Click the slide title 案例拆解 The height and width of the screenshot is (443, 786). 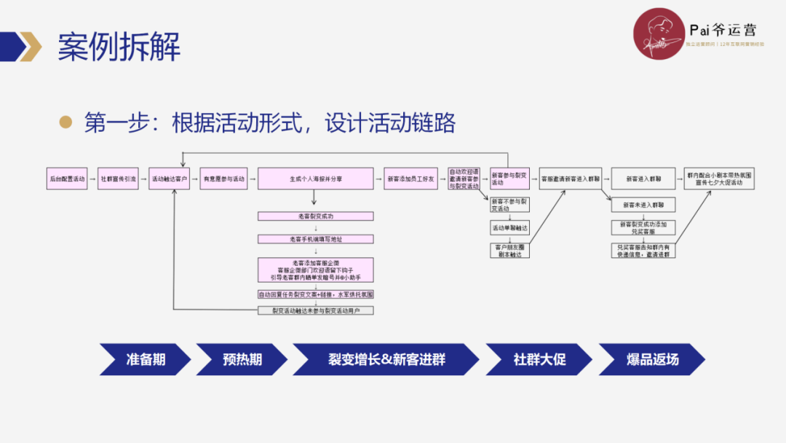tap(119, 47)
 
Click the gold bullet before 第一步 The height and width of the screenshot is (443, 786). tap(65, 122)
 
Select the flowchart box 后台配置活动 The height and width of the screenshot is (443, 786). tap(67, 179)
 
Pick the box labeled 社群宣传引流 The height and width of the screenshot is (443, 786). tap(118, 179)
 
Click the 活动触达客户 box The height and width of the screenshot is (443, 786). tap(170, 179)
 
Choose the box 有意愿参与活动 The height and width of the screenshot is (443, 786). tap(224, 179)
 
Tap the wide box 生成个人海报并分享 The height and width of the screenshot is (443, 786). tap(315, 179)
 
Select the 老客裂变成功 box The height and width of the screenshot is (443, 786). tap(315, 216)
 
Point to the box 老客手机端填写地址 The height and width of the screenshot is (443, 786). tap(315, 239)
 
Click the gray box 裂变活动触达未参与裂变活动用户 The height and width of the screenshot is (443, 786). tap(315, 310)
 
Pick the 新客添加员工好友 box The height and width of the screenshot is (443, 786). tap(413, 179)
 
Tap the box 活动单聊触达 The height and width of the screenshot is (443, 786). tap(509, 228)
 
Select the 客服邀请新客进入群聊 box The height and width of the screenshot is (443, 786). tap(571, 179)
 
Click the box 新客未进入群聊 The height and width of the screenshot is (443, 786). tap(643, 205)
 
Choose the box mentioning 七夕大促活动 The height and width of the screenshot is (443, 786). tap(719, 179)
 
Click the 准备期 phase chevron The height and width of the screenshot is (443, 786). tap(145, 359)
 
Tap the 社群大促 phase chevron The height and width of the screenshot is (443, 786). tap(539, 359)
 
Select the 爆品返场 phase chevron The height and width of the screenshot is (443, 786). tap(651, 359)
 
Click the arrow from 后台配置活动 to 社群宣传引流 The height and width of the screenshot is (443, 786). tap(92, 179)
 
